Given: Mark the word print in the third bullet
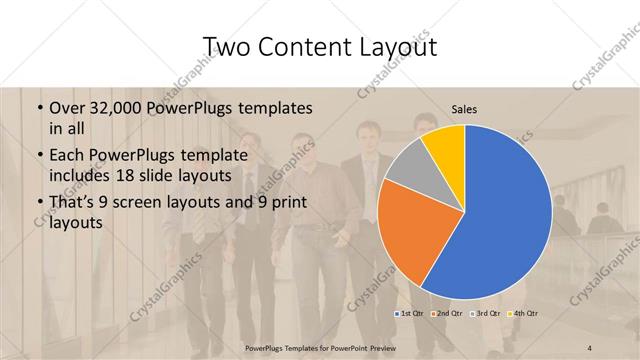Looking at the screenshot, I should (286, 204).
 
